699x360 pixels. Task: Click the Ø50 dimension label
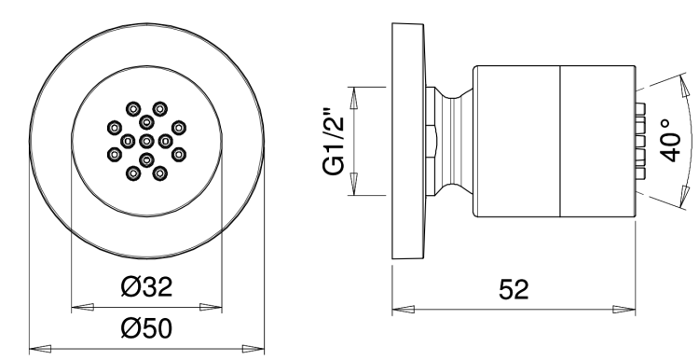pyautogui.click(x=146, y=329)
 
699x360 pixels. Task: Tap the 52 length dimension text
pyautogui.click(x=514, y=289)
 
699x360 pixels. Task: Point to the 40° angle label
pyautogui.click(x=670, y=140)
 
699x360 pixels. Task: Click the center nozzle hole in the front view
pyautogui.click(x=146, y=142)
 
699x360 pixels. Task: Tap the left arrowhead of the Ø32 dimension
pyautogui.click(x=82, y=307)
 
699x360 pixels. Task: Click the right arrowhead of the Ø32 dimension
pyautogui.click(x=211, y=307)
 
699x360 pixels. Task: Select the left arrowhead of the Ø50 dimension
pyautogui.click(x=40, y=349)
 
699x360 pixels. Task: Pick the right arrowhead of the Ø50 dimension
pyautogui.click(x=254, y=349)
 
